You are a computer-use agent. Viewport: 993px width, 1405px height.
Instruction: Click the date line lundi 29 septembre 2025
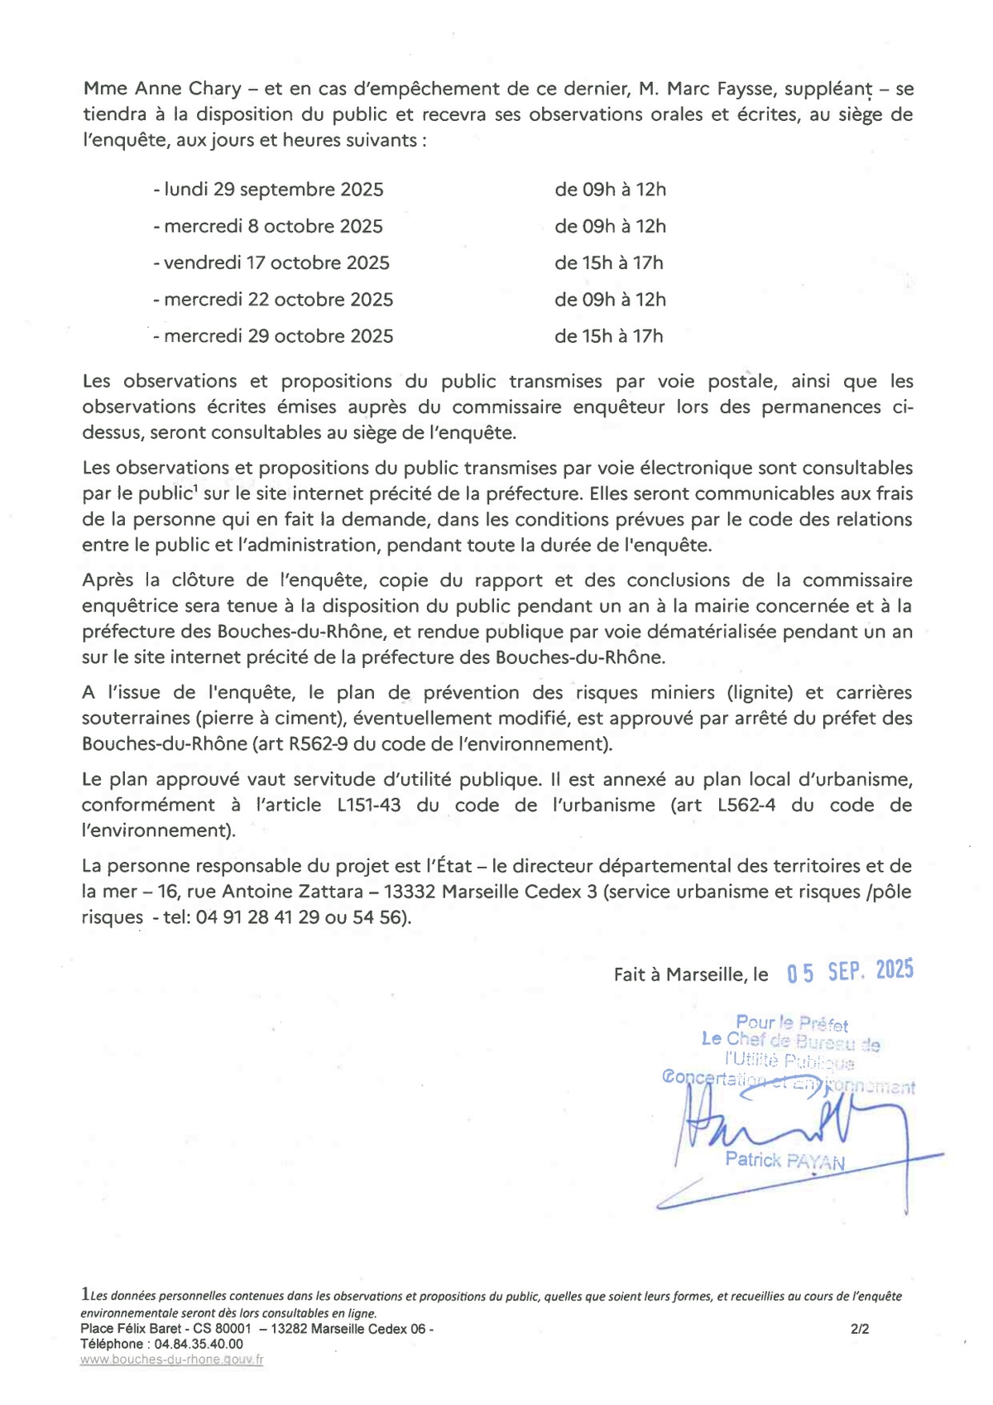coord(268,190)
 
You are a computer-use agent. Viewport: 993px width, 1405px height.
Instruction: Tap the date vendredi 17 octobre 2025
coord(271,262)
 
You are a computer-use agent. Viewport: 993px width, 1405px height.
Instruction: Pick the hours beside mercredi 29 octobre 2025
coord(608,336)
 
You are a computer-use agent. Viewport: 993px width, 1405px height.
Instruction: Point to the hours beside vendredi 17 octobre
coord(608,262)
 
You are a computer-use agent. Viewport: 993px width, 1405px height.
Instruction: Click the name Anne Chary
coord(188,89)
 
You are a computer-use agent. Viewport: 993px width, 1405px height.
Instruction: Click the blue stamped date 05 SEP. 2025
coord(850,971)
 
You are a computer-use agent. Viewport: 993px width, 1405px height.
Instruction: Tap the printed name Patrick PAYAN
coord(784,1160)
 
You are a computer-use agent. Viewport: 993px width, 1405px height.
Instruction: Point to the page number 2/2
coord(860,1330)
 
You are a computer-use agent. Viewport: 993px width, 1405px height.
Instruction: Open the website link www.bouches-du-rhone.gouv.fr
coord(171,1359)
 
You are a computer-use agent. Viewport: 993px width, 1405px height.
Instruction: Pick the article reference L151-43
coord(369,805)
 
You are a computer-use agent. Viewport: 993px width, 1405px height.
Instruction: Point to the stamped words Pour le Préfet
coord(792,1023)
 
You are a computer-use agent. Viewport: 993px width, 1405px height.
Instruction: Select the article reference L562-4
coord(746,805)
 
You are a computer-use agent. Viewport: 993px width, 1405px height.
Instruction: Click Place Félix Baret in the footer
coord(131,1330)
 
